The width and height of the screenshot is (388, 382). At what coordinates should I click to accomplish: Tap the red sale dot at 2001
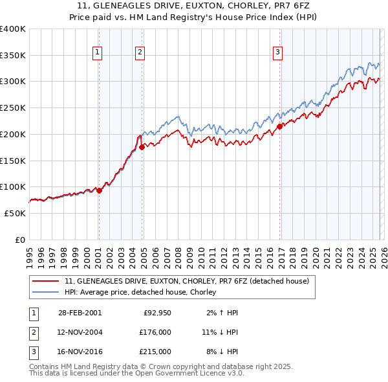tap(100, 190)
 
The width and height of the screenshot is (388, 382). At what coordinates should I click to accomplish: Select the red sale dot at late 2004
tap(142, 147)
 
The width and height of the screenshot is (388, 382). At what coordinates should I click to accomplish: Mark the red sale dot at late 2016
tap(280, 126)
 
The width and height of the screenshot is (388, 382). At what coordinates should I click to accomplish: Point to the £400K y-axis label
tap(13, 29)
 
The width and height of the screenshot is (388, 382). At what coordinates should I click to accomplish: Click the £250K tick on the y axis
tap(13, 108)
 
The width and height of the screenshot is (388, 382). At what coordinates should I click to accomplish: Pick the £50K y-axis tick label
tap(15, 213)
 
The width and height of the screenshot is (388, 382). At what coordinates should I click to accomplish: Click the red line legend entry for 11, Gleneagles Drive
tap(187, 282)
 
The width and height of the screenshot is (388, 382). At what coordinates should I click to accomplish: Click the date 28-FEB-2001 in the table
tap(80, 313)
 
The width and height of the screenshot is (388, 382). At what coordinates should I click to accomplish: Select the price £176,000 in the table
tap(156, 332)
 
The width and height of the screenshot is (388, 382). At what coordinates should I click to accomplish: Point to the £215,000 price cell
tap(156, 352)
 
